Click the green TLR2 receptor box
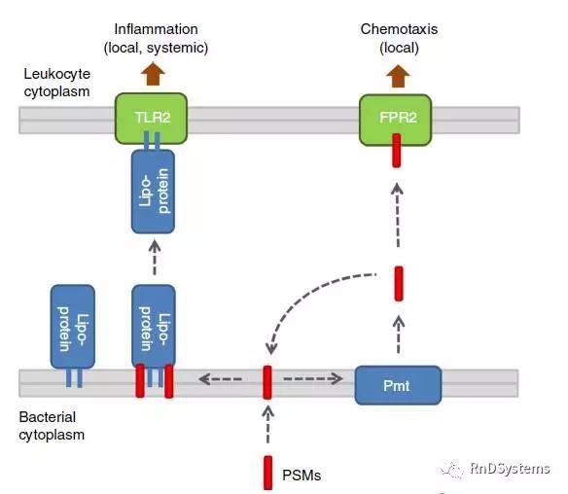point(151,118)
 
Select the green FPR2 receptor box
point(395,120)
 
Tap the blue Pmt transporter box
point(398,385)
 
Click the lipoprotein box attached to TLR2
point(153,192)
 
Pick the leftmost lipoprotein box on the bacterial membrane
point(72,327)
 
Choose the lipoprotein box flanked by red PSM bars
point(154,326)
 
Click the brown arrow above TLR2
point(153,74)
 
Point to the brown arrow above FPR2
point(398,76)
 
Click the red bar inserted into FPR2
point(397,151)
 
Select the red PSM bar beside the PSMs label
point(268,473)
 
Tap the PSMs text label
point(302,476)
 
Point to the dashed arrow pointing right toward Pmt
point(313,379)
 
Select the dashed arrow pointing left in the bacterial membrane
point(220,379)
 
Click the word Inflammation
point(157,29)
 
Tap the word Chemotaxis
point(399,29)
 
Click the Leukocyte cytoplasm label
point(56,83)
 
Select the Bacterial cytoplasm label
point(52,426)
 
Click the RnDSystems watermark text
point(510,469)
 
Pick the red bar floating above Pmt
point(399,284)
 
